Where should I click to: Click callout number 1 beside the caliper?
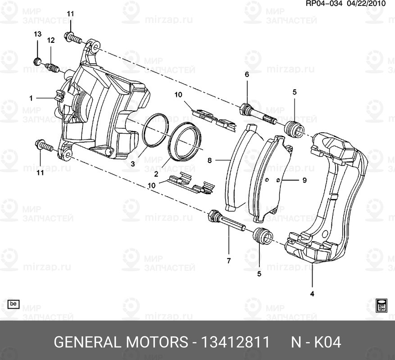[x=32, y=98]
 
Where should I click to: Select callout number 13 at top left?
[x=38, y=35]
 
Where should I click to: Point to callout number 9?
[x=304, y=180]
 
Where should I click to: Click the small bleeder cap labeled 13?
[x=38, y=61]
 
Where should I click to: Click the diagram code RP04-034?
[x=324, y=4]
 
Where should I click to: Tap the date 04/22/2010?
[x=369, y=4]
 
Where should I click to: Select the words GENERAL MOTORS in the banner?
[x=121, y=342]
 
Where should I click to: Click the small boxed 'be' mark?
[x=14, y=304]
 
